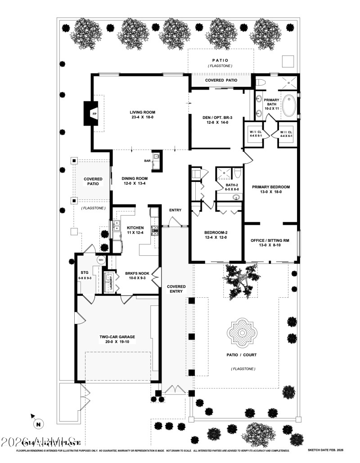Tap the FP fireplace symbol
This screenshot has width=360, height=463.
pos(94,114)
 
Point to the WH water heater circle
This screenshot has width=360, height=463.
pos(100,259)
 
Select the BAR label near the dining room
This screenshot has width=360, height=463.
pos(147,160)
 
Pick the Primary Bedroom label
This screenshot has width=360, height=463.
pos(270,189)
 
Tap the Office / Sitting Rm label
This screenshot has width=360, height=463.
pos(270,243)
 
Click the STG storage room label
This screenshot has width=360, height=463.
pos(84,275)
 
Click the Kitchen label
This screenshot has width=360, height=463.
pos(135,230)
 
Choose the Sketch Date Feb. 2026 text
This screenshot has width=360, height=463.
pos(324,450)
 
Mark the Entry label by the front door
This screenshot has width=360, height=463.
pos(175,210)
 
